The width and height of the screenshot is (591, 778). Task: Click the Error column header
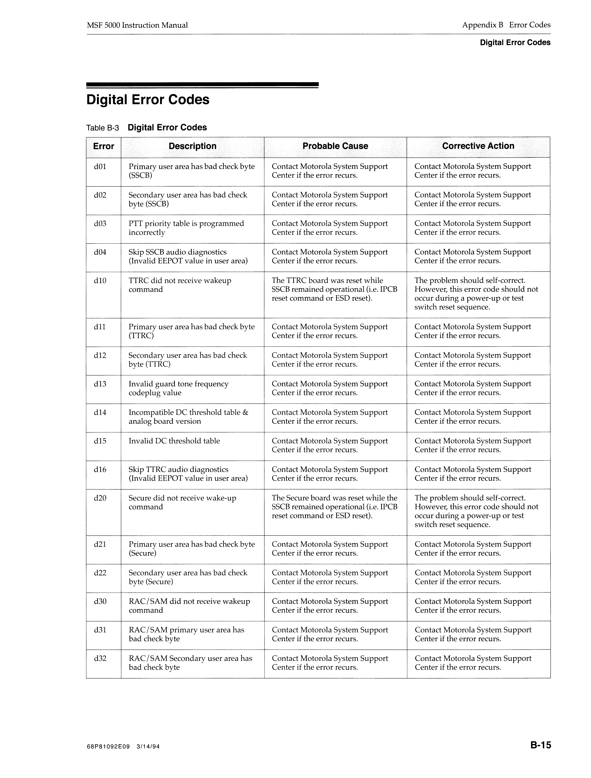pos(103,146)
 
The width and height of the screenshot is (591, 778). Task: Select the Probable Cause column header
pos(335,146)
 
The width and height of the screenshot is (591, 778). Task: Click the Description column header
pos(192,146)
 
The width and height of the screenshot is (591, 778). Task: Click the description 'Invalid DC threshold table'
pos(174,441)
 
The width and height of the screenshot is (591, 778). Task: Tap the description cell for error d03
pos(186,228)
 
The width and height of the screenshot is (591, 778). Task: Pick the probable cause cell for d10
pos(334,290)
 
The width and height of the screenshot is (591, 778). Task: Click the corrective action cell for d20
pos(476,511)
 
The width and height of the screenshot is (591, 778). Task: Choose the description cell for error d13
pos(179,388)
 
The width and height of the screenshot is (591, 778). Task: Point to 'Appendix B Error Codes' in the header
pos(506,25)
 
